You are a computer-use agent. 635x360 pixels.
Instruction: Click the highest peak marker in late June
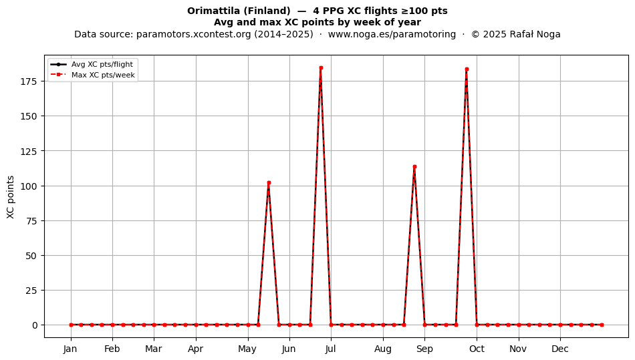pyautogui.click(x=321, y=68)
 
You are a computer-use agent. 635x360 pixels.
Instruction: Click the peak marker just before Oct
pyautogui.click(x=467, y=69)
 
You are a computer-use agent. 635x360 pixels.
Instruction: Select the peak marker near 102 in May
pyautogui.click(x=269, y=183)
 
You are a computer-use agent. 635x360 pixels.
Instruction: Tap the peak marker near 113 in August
pyautogui.click(x=414, y=167)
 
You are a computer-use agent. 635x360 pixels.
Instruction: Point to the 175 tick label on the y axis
pyautogui.click(x=29, y=81)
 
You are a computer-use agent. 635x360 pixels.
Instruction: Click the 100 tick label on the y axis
pyautogui.click(x=29, y=186)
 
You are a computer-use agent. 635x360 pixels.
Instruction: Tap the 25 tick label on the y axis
pyautogui.click(x=32, y=291)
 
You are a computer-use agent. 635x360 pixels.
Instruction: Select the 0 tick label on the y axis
pyautogui.click(x=34, y=325)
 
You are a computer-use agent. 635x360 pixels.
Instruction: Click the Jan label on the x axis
pyautogui.click(x=70, y=349)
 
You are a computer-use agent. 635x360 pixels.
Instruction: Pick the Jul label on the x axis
pyautogui.click(x=330, y=349)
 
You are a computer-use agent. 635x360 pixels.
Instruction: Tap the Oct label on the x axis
pyautogui.click(x=477, y=349)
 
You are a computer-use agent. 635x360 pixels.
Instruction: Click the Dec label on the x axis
pyautogui.click(x=560, y=349)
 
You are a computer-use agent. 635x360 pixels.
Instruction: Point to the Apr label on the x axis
pyautogui.click(x=196, y=349)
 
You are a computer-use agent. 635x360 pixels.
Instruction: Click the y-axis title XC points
pyautogui.click(x=11, y=197)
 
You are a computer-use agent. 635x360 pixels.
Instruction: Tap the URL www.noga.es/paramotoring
pyautogui.click(x=392, y=34)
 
